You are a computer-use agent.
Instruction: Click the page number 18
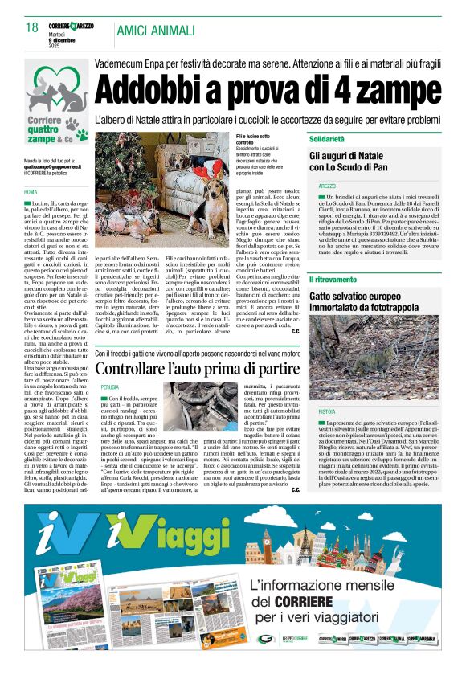(32, 28)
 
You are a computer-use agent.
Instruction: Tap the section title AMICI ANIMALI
(156, 31)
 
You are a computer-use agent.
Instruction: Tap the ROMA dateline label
(31, 192)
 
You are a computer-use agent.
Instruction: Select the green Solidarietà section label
(333, 139)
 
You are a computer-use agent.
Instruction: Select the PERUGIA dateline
(110, 387)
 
